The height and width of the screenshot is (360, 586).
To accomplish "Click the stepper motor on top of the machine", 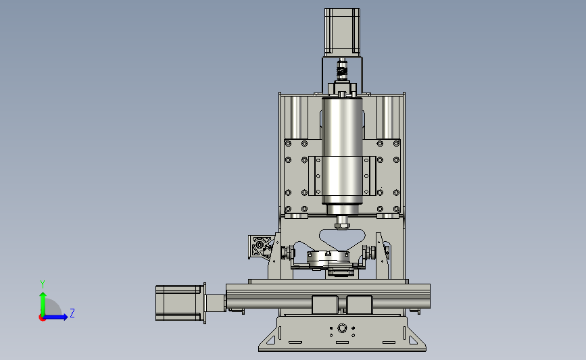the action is point(342,32).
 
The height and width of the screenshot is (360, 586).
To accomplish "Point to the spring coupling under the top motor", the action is point(341,71).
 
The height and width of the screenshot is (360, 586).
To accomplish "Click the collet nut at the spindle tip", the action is point(341,225).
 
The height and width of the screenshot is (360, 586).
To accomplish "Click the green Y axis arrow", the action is point(43,304).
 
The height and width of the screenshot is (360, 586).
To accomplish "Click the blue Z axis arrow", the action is point(55,317).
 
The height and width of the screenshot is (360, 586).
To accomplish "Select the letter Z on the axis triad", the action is point(72,313).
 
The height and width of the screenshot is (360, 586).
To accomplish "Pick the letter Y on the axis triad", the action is point(43,284).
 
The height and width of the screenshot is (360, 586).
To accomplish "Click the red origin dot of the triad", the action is point(42,318).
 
